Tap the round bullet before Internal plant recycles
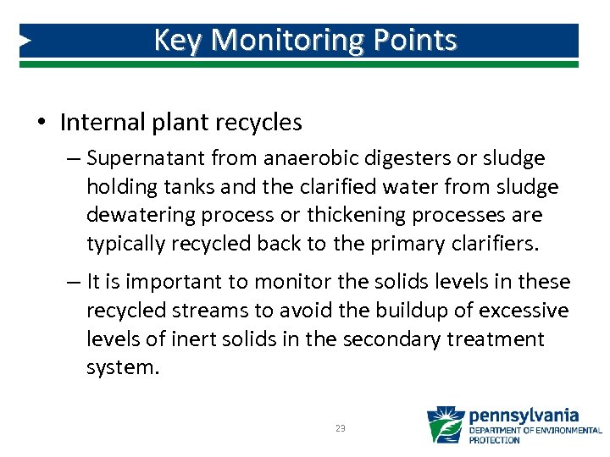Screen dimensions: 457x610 tap(42, 123)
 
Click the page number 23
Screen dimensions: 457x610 tap(340, 429)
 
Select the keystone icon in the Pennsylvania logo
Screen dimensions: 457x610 tap(445, 426)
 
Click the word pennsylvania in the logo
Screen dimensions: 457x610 tap(524, 416)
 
